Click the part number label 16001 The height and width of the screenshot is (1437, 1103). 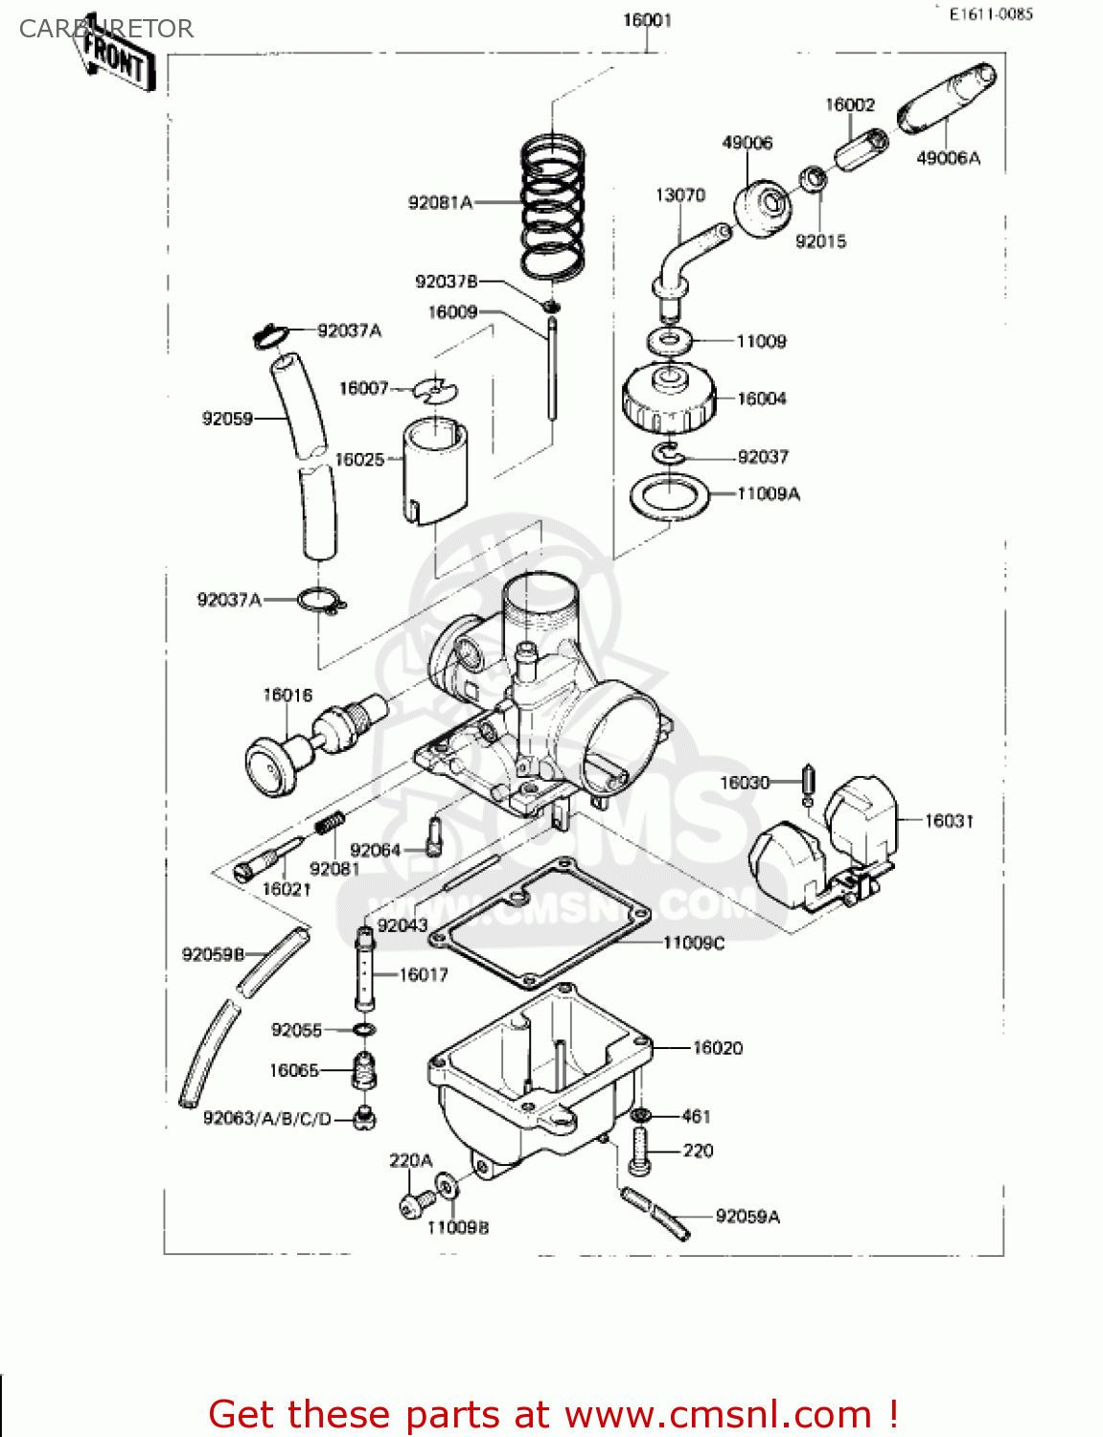(647, 20)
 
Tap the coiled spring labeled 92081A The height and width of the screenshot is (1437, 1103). (553, 206)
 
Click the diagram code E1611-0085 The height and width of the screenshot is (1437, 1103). (991, 14)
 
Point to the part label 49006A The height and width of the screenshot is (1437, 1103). (948, 158)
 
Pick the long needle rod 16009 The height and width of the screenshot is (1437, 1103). (553, 369)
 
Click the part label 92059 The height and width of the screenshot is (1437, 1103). (227, 419)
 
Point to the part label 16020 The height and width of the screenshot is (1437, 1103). (718, 1048)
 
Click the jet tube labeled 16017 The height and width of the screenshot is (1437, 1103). (364, 968)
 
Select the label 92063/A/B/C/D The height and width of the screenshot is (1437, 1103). (267, 1118)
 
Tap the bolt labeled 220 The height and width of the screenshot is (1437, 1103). (639, 1151)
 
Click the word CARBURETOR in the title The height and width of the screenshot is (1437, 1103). (105, 29)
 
